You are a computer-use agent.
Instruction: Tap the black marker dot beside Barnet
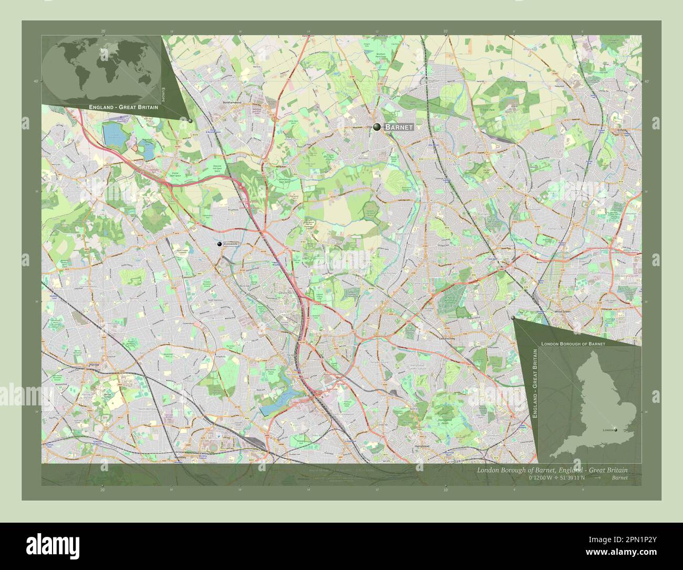[377, 127]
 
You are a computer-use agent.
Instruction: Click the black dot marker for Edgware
[220, 244]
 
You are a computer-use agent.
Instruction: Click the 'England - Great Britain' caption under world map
[124, 107]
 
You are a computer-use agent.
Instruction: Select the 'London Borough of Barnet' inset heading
[573, 343]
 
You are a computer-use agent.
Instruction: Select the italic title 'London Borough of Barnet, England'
[531, 470]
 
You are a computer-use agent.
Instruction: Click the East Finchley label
[450, 339]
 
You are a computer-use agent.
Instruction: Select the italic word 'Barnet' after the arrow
[619, 478]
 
